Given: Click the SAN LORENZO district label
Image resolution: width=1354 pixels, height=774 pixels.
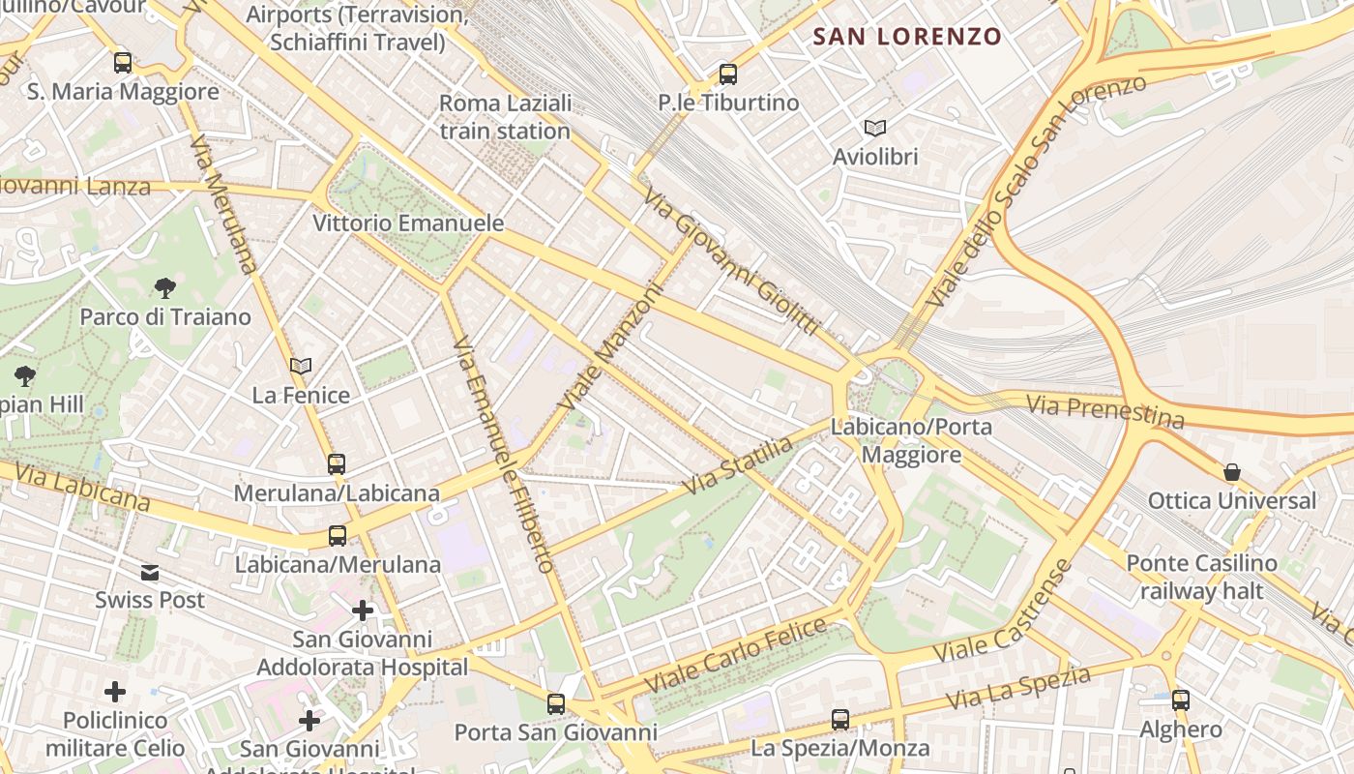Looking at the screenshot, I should click(x=906, y=37).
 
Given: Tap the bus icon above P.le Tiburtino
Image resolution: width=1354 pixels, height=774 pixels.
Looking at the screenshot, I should click(x=728, y=74).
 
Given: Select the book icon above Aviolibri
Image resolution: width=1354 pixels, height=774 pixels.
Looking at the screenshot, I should click(x=875, y=128).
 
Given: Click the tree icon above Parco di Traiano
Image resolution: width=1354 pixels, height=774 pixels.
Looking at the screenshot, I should click(x=164, y=287).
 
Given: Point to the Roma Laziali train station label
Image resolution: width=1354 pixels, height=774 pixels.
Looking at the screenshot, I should click(x=505, y=117).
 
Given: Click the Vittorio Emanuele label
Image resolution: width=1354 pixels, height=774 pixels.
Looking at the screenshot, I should click(x=408, y=223).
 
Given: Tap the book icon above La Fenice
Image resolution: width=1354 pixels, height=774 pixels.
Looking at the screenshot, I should click(x=301, y=366).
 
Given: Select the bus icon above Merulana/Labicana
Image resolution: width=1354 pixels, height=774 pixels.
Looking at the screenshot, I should click(x=337, y=463).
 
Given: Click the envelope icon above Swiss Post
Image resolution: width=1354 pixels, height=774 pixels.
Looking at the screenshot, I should click(x=150, y=572).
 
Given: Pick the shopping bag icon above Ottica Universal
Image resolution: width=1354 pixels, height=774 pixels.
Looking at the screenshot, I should click(x=1232, y=472).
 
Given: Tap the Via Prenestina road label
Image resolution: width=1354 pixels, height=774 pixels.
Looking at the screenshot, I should click(x=1104, y=411).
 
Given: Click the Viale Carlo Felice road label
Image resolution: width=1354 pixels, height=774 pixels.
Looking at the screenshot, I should click(x=736, y=654).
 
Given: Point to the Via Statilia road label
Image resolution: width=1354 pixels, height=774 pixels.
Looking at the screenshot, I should click(x=737, y=465).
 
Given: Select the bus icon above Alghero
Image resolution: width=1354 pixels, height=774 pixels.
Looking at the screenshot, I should click(x=1181, y=700).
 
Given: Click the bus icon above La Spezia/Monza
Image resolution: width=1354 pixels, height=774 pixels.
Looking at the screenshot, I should click(x=840, y=719).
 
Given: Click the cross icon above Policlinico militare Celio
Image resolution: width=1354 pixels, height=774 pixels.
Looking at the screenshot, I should click(x=115, y=691).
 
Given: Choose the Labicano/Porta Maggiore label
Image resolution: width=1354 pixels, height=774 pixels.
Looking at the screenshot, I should click(x=911, y=440).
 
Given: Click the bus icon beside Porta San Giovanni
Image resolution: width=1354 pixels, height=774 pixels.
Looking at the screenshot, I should click(x=556, y=703).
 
